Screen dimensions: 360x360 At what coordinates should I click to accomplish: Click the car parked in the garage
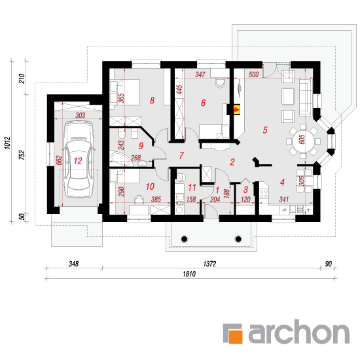click(x=79, y=159)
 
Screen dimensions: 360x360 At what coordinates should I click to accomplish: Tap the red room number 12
click(x=78, y=161)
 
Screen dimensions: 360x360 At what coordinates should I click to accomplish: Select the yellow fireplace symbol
click(x=237, y=109)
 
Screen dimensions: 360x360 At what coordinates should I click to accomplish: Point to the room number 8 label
click(x=152, y=100)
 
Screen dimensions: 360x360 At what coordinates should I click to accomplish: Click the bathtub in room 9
click(x=121, y=158)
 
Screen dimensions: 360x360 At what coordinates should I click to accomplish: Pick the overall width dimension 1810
click(x=189, y=274)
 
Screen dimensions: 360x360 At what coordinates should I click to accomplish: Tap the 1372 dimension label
click(x=209, y=264)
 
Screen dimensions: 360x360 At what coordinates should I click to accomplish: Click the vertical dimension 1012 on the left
click(x=8, y=143)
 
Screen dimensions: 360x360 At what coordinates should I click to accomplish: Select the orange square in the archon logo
click(x=236, y=337)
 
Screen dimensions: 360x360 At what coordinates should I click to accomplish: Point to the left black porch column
click(x=184, y=239)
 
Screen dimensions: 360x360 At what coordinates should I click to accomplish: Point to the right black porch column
click(x=238, y=239)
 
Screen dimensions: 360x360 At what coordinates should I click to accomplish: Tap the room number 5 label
click(x=265, y=130)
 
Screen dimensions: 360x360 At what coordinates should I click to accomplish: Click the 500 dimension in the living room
click(x=254, y=75)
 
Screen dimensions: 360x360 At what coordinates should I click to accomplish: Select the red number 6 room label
click(x=203, y=103)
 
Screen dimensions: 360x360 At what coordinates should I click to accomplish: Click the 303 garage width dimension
click(x=80, y=115)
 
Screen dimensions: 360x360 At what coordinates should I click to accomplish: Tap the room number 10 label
click(x=150, y=187)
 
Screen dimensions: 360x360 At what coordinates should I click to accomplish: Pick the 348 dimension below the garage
click(x=74, y=264)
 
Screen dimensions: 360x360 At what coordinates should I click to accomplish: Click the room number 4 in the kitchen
click(x=282, y=183)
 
